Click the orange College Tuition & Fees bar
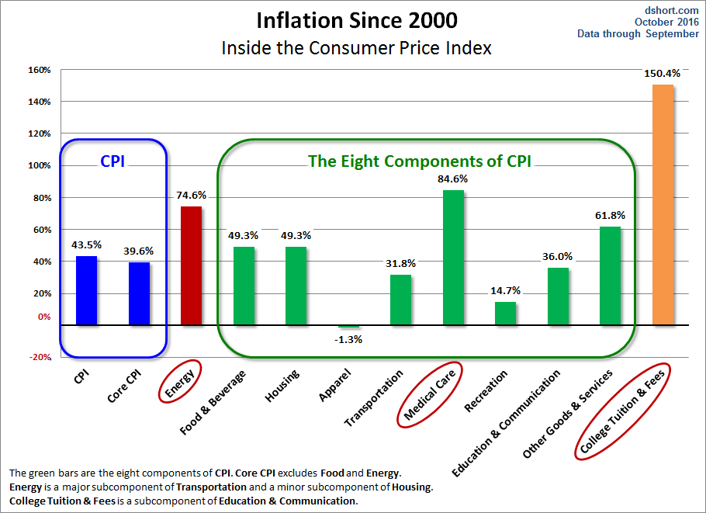(663, 205)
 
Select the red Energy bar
(191, 265)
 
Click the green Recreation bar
(505, 314)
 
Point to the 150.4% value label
(662, 74)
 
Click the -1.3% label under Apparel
(348, 339)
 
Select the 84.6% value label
(453, 179)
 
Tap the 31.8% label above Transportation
(400, 263)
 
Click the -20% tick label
(40, 357)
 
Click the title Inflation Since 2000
(356, 19)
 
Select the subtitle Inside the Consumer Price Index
(356, 47)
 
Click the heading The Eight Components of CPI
(424, 161)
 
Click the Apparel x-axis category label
(334, 386)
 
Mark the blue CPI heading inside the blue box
(112, 161)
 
